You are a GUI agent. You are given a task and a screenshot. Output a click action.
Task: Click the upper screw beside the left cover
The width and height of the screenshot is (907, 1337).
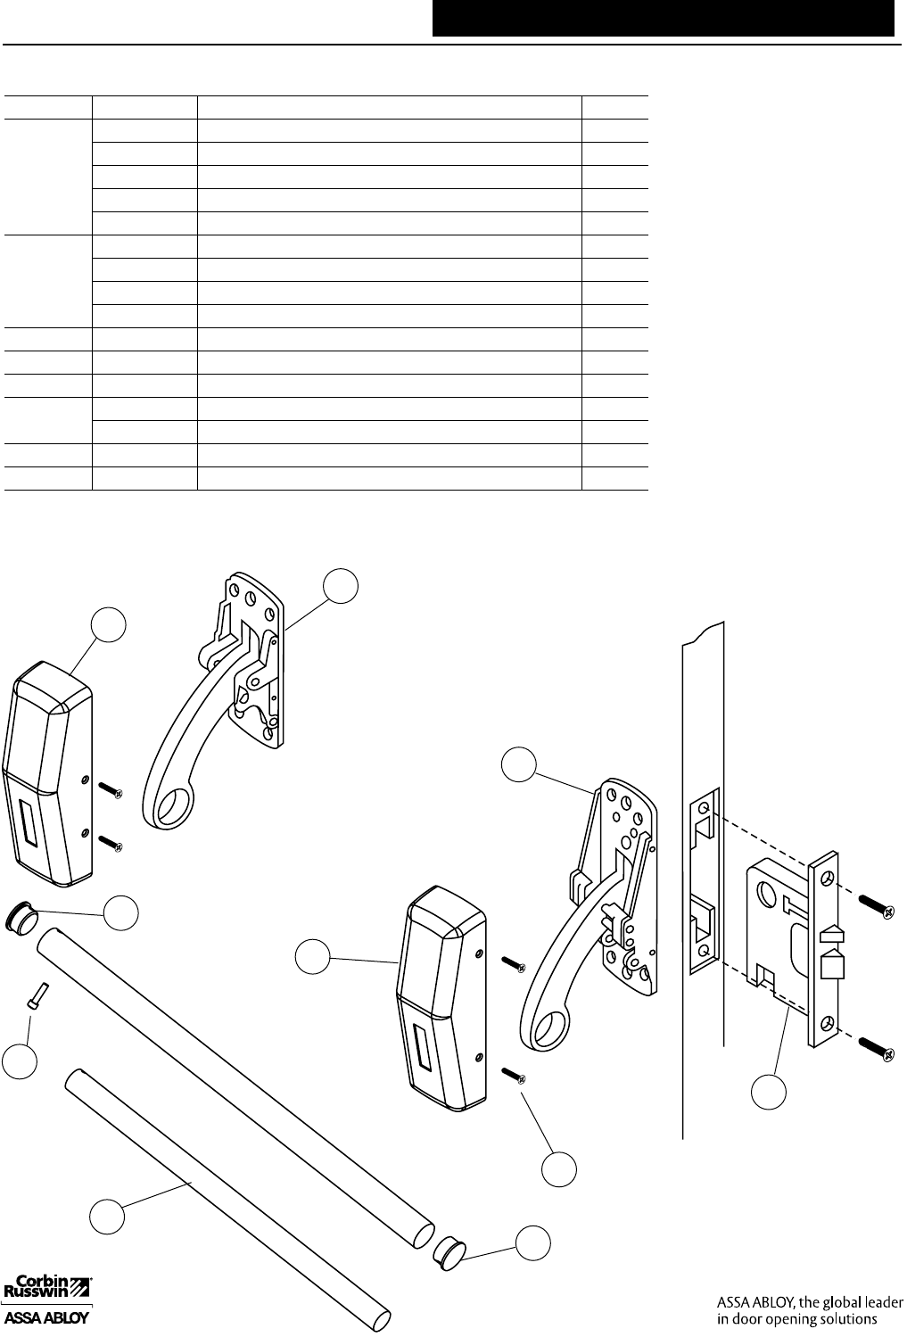110,790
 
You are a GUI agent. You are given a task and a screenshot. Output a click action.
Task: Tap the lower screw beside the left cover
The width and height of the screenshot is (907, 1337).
111,840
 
